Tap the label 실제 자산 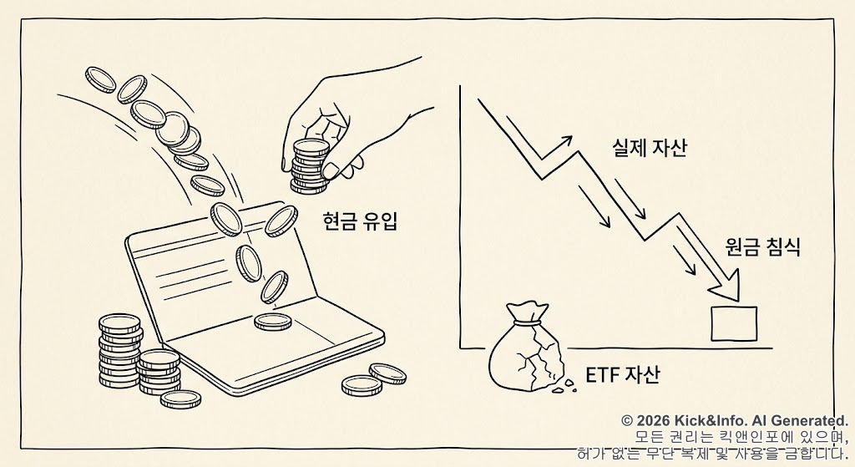[x=649, y=149]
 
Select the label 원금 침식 [x=762, y=247]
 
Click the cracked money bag [x=526, y=355]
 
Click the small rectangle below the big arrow [x=734, y=323]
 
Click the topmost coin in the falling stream [x=100, y=81]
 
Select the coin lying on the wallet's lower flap [x=271, y=321]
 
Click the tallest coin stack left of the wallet [x=119, y=351]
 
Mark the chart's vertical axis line [x=460, y=217]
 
